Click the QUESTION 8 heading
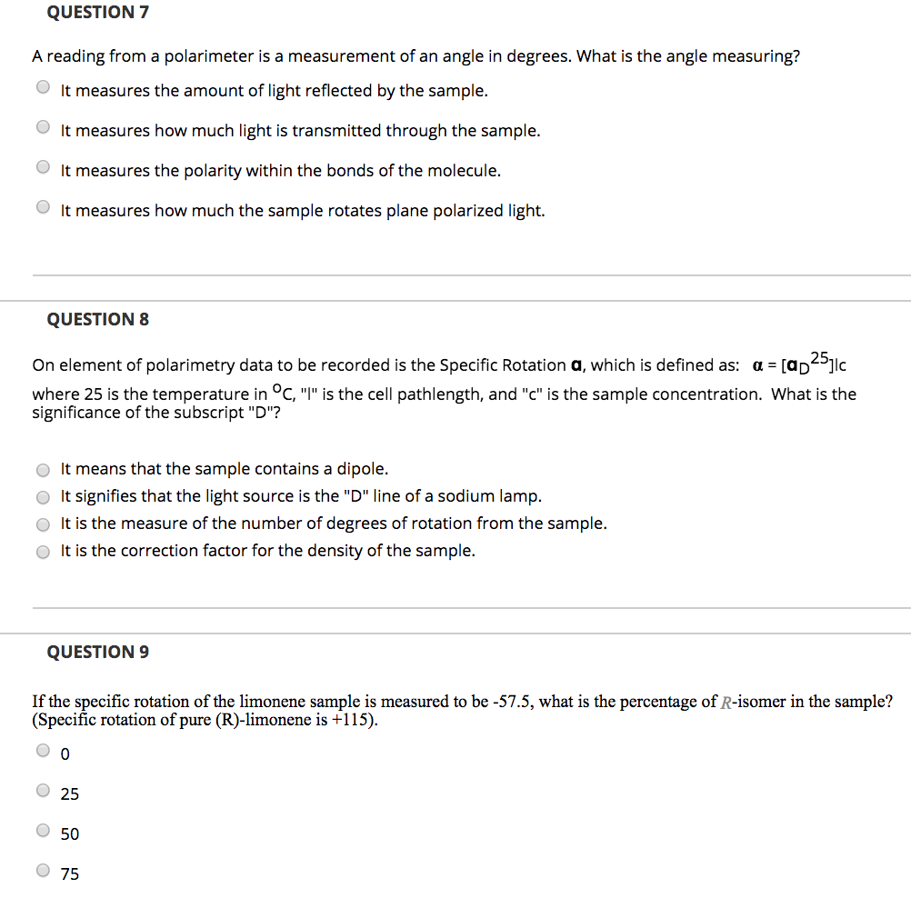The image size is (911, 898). point(97,319)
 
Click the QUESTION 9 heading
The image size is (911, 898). point(97,652)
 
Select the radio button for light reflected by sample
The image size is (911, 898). point(43,88)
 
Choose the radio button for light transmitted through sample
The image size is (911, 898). point(43,128)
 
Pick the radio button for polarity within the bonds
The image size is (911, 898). point(43,168)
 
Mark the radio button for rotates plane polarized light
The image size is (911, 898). point(43,208)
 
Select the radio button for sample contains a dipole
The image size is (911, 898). point(43,470)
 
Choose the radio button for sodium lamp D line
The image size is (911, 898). point(43,497)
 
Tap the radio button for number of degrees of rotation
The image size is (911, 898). point(43,524)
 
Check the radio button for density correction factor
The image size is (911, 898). point(43,552)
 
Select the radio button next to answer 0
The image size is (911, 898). point(43,751)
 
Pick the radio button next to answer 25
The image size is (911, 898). point(43,791)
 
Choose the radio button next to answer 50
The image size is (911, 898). point(43,831)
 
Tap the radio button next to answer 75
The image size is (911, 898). point(43,871)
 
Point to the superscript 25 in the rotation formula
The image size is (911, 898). point(819,356)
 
